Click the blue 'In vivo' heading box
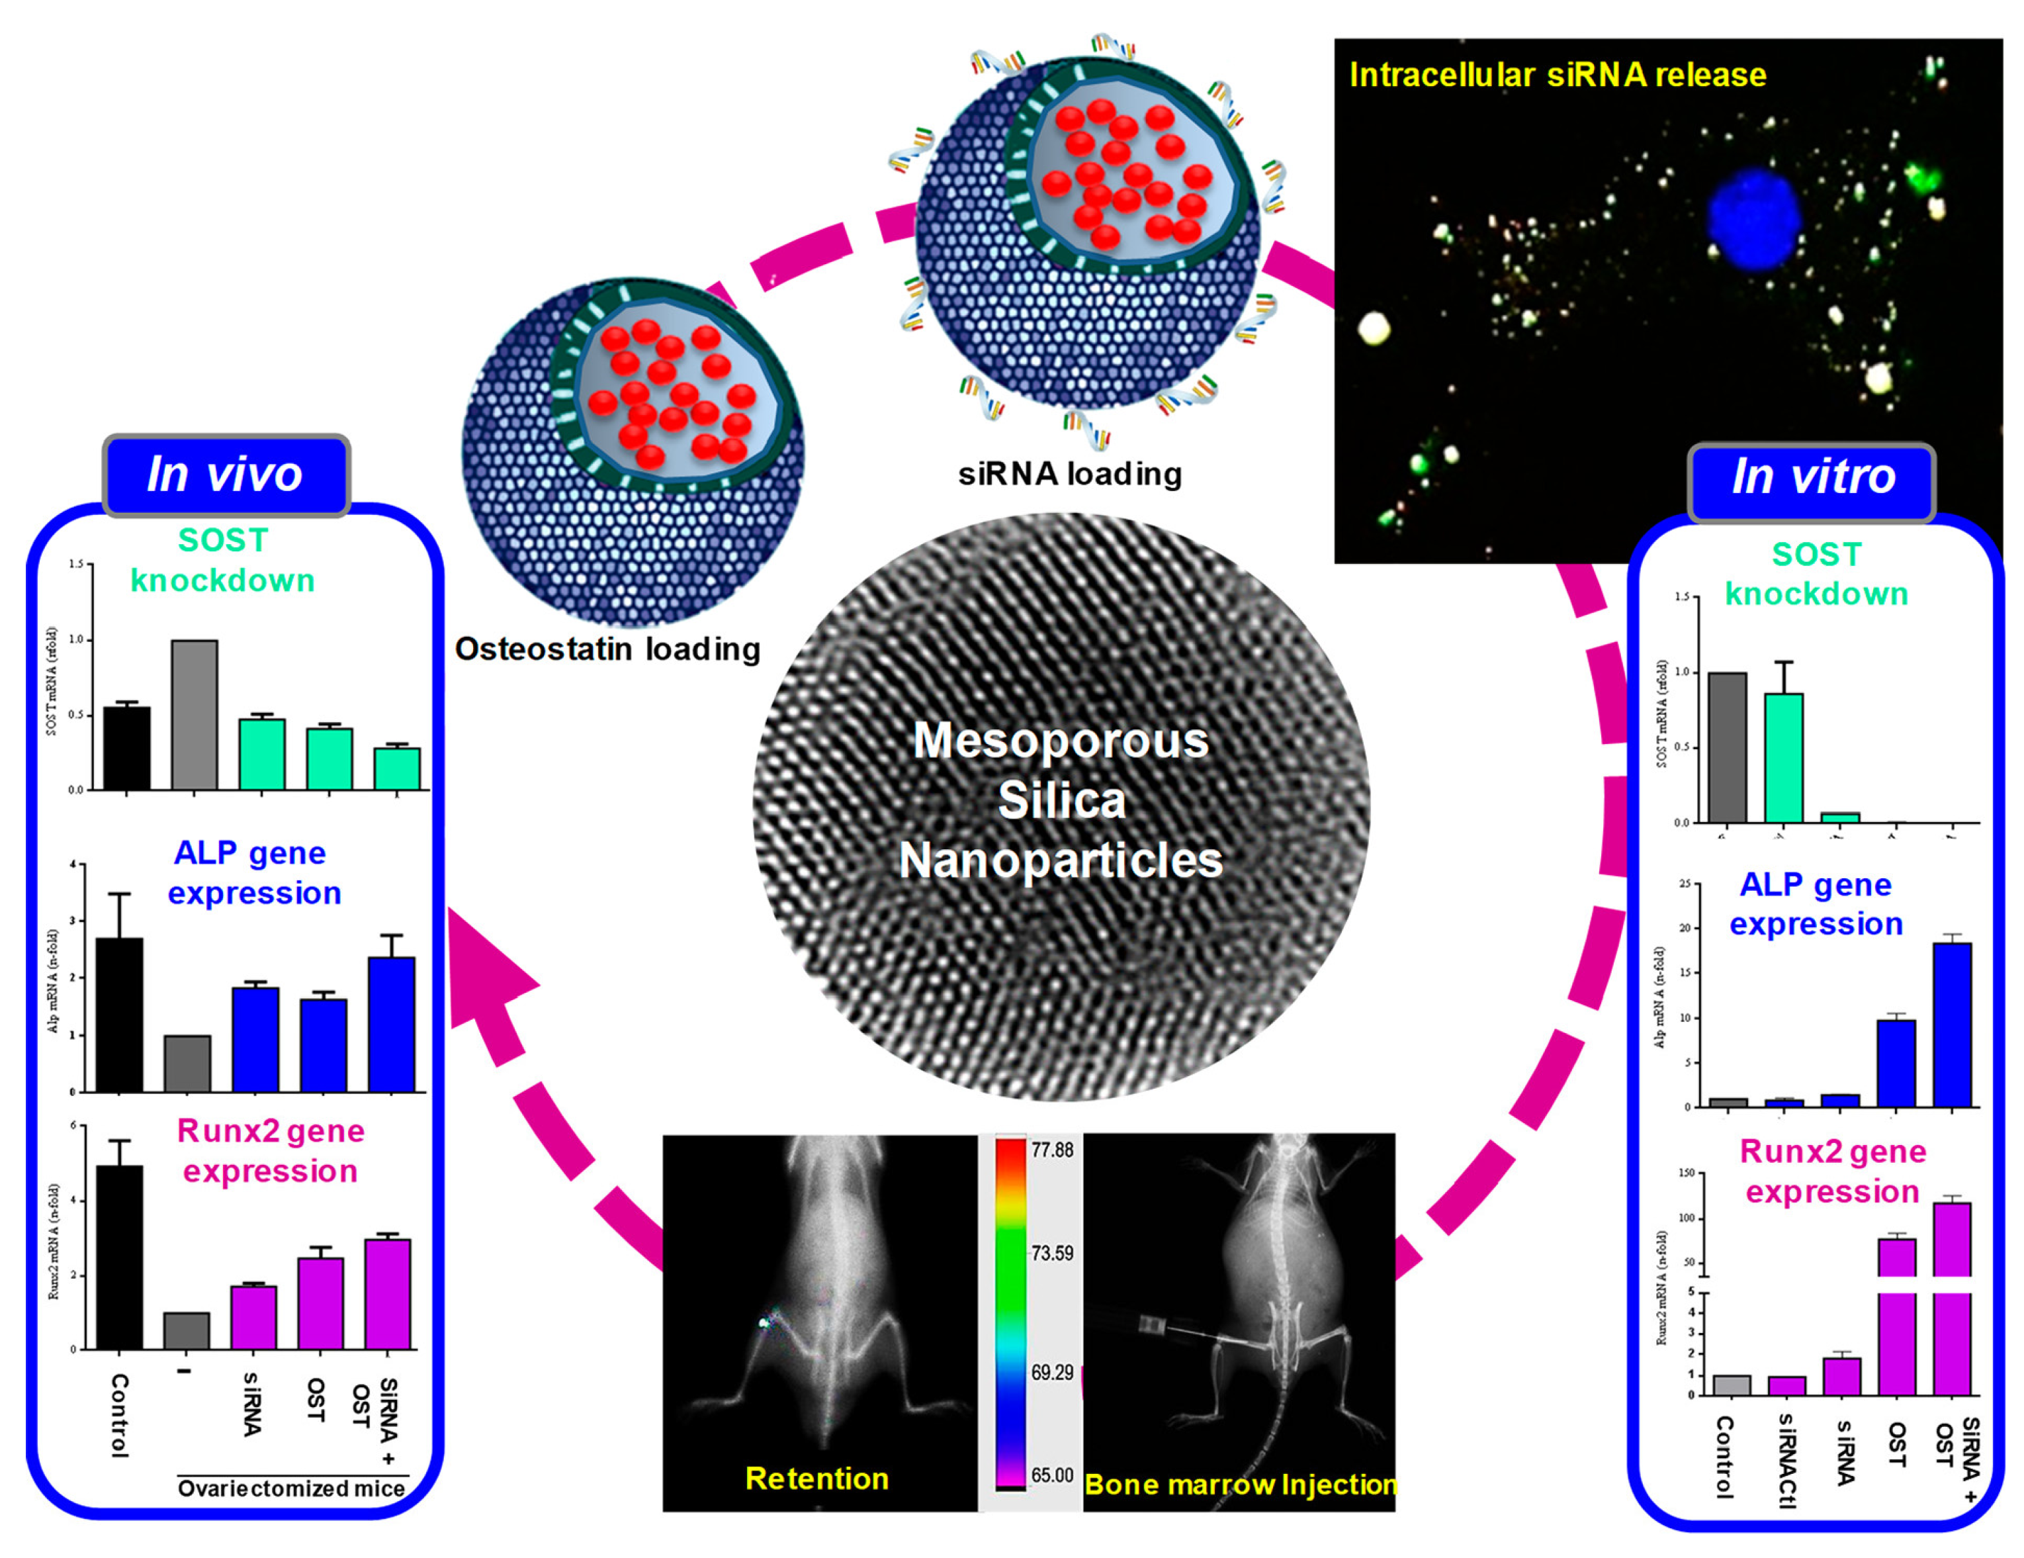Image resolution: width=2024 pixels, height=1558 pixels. [x=225, y=475]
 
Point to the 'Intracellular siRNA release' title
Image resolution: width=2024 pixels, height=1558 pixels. [x=1557, y=74]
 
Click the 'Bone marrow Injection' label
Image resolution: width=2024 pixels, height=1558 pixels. [x=1240, y=1484]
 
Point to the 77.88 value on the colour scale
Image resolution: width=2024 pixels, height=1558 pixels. [x=1052, y=1150]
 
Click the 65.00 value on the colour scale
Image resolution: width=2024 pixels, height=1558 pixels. [x=1052, y=1475]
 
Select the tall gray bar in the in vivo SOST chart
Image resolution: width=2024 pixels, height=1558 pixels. [x=195, y=715]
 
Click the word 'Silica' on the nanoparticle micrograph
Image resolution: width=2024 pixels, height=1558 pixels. [x=1062, y=800]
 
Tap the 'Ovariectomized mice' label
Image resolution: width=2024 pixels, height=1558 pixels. [x=291, y=1489]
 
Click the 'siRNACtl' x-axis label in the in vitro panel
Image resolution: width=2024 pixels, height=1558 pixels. [x=1788, y=1461]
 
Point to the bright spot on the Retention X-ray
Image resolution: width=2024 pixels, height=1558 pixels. [x=765, y=1322]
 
